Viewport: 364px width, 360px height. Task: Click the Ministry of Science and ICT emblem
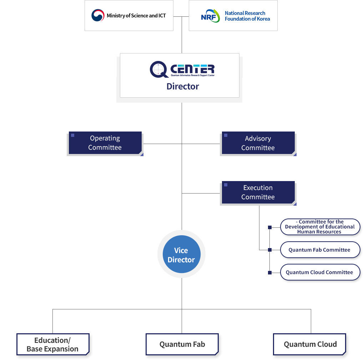pyautogui.click(x=98, y=15)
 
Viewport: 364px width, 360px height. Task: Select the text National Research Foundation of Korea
pyautogui.click(x=247, y=16)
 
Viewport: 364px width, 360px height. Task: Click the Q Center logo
pyautogui.click(x=182, y=69)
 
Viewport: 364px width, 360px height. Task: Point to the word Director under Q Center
pyautogui.click(x=183, y=86)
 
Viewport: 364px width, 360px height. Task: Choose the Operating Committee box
pyautogui.click(x=105, y=143)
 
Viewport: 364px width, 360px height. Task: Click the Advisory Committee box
pyautogui.click(x=258, y=143)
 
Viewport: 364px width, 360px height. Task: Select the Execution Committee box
pyautogui.click(x=258, y=192)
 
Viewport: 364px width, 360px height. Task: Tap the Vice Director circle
pyautogui.click(x=181, y=255)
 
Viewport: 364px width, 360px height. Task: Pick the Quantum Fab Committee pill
pyautogui.click(x=320, y=250)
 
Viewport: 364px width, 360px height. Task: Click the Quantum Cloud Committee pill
pyautogui.click(x=320, y=272)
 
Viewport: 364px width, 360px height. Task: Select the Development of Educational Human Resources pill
pyautogui.click(x=320, y=227)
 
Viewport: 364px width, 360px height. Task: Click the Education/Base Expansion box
pyautogui.click(x=53, y=344)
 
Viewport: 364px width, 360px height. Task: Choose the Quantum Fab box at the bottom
pyautogui.click(x=182, y=344)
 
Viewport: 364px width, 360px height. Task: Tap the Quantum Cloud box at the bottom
pyautogui.click(x=310, y=344)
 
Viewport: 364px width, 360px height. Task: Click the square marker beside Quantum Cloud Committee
pyautogui.click(x=270, y=273)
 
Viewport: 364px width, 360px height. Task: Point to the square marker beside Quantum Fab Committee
pyautogui.click(x=270, y=250)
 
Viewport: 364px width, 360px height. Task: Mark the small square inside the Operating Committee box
pyautogui.click(x=73, y=135)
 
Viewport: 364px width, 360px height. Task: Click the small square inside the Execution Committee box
pyautogui.click(x=226, y=185)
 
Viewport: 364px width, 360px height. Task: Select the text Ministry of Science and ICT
pyautogui.click(x=136, y=16)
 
